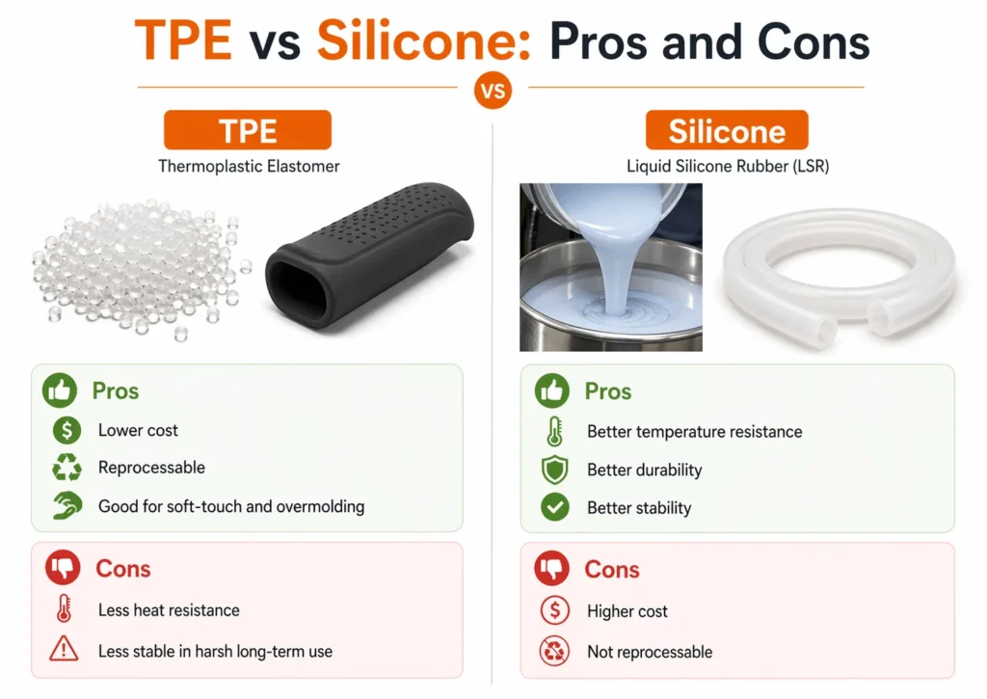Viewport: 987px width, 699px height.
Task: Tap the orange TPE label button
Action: [248, 130]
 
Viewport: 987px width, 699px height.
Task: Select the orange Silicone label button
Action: [727, 130]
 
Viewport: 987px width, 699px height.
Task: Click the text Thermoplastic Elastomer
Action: [249, 166]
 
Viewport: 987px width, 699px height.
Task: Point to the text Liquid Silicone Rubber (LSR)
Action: [728, 166]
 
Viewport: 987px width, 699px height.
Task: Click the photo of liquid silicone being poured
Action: [611, 267]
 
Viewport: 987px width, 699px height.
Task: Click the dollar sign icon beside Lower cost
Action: [64, 430]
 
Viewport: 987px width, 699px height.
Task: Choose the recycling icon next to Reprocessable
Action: [65, 469]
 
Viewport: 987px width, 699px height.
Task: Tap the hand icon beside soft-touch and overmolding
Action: [65, 506]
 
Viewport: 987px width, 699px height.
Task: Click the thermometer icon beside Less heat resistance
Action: [64, 610]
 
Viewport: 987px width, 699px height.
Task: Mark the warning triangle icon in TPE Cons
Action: [64, 651]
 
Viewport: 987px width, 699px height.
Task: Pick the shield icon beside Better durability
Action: [554, 470]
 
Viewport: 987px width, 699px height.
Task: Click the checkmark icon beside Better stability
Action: [554, 508]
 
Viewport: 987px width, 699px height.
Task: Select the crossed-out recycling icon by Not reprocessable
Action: [554, 652]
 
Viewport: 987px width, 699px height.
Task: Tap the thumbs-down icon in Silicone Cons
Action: [552, 569]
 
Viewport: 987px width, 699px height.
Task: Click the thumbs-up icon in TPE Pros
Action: [60, 391]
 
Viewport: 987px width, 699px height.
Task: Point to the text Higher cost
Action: [627, 611]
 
